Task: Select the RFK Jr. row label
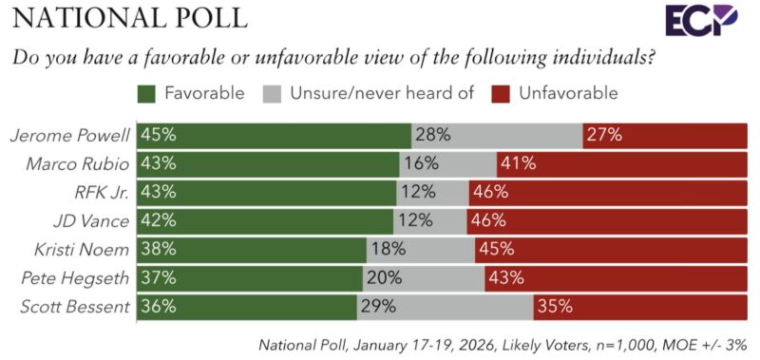pyautogui.click(x=103, y=192)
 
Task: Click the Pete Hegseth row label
pyautogui.click(x=80, y=278)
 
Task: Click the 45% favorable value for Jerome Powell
pyautogui.click(x=158, y=135)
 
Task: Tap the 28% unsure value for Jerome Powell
pyautogui.click(x=430, y=135)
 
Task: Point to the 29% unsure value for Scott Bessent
pyautogui.click(x=377, y=307)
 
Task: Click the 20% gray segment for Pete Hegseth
pyautogui.click(x=424, y=278)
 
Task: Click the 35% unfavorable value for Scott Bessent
pyautogui.click(x=552, y=307)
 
